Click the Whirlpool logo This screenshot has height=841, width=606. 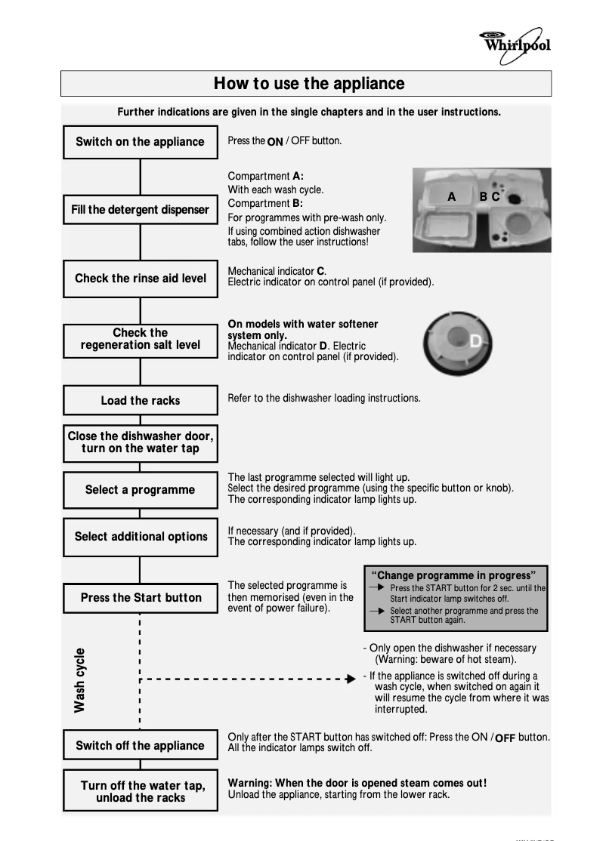[516, 42]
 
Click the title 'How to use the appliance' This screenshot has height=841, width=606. [308, 83]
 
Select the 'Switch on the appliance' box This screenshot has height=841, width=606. [140, 142]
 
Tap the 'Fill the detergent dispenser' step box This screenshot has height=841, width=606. [140, 210]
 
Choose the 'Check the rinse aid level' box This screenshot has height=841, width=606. [140, 279]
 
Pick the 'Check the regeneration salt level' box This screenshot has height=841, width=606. [140, 339]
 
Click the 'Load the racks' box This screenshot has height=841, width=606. [140, 400]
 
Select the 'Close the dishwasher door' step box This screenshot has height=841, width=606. [140, 442]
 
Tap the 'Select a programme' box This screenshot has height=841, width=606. [140, 490]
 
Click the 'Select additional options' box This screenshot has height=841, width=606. [140, 537]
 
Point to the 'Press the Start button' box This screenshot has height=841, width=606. [140, 598]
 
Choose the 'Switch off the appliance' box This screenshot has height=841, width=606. [140, 746]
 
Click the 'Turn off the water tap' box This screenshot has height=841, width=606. [140, 791]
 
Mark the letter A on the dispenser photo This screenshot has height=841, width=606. [452, 197]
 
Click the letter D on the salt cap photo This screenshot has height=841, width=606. [475, 342]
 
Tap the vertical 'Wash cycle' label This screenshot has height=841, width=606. [79, 679]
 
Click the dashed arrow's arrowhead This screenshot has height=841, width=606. [350, 679]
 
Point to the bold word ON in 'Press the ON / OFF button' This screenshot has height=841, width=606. [275, 141]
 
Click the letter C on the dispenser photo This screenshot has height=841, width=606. [496, 197]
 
